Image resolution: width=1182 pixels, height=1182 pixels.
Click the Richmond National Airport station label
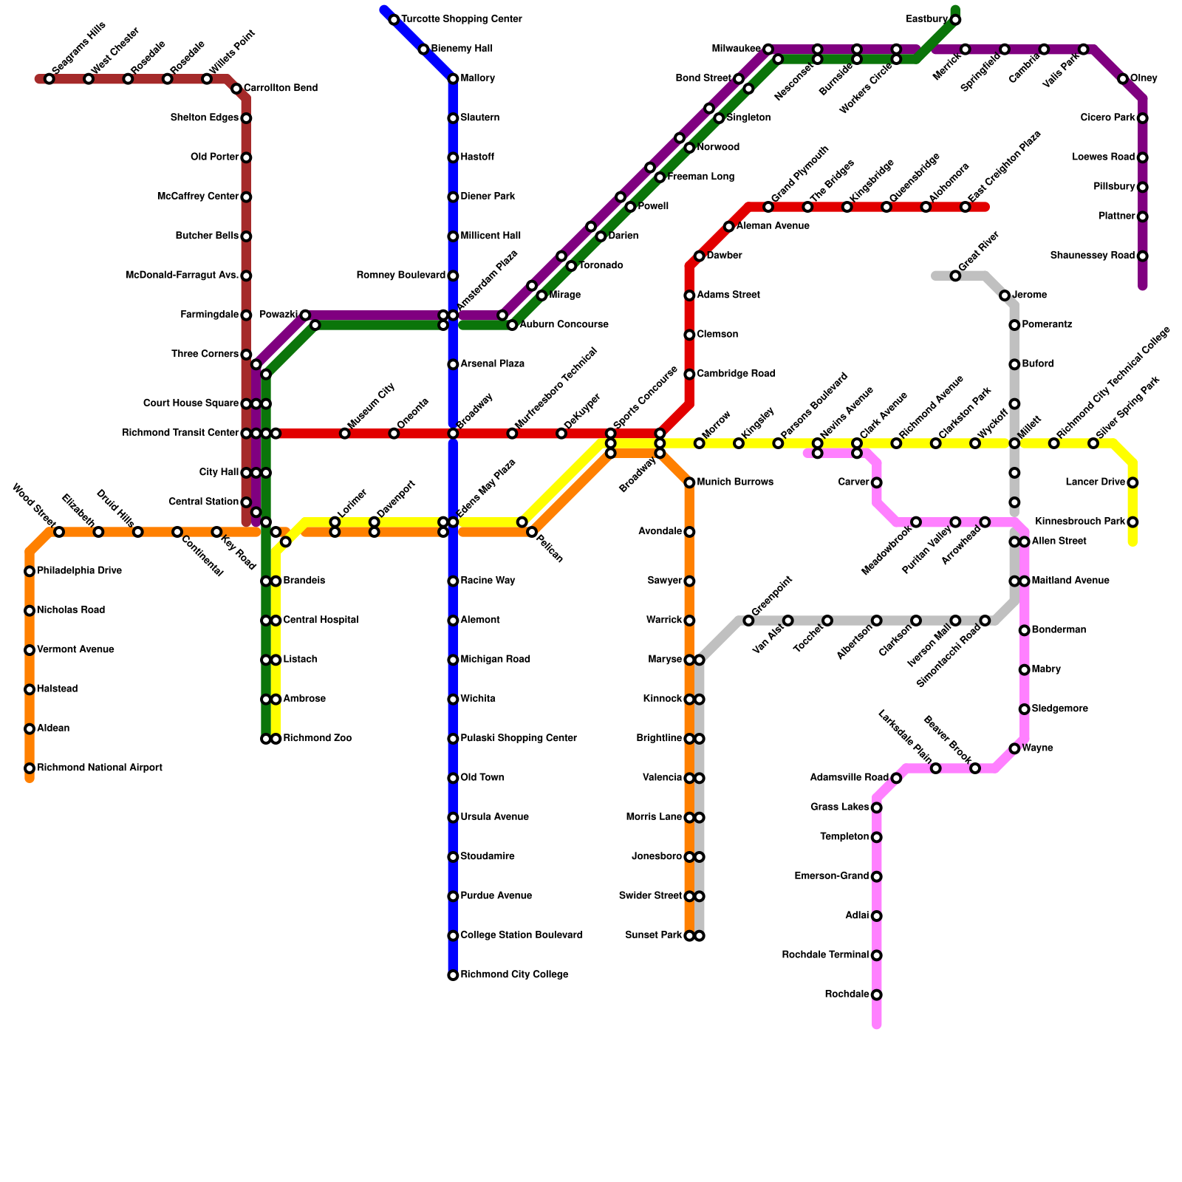click(99, 768)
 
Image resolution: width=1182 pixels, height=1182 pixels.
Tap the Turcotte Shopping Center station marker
click(394, 20)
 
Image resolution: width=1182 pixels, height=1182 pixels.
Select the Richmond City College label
click(514, 975)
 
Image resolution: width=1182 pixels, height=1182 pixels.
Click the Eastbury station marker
click(955, 20)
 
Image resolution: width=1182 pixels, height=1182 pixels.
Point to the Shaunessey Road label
click(1092, 256)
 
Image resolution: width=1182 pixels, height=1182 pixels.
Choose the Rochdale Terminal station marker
click(876, 955)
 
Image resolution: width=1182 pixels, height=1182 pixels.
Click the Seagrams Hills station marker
click(49, 79)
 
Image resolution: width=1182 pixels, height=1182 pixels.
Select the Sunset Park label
click(653, 936)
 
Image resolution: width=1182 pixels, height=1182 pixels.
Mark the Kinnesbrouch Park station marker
click(1133, 522)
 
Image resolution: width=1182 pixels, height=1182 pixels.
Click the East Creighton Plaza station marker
click(965, 207)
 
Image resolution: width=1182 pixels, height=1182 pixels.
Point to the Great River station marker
click(955, 276)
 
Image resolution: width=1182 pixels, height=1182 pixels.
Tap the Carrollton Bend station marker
click(236, 89)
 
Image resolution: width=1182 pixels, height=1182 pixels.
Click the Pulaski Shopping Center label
click(518, 739)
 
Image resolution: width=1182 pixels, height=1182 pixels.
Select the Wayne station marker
click(1014, 749)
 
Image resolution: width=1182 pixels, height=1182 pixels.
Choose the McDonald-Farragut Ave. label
click(182, 276)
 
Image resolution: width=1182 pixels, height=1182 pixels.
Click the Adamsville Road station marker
click(896, 778)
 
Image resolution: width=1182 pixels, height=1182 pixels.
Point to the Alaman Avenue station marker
click(729, 227)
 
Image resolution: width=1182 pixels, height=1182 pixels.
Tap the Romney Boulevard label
click(401, 276)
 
